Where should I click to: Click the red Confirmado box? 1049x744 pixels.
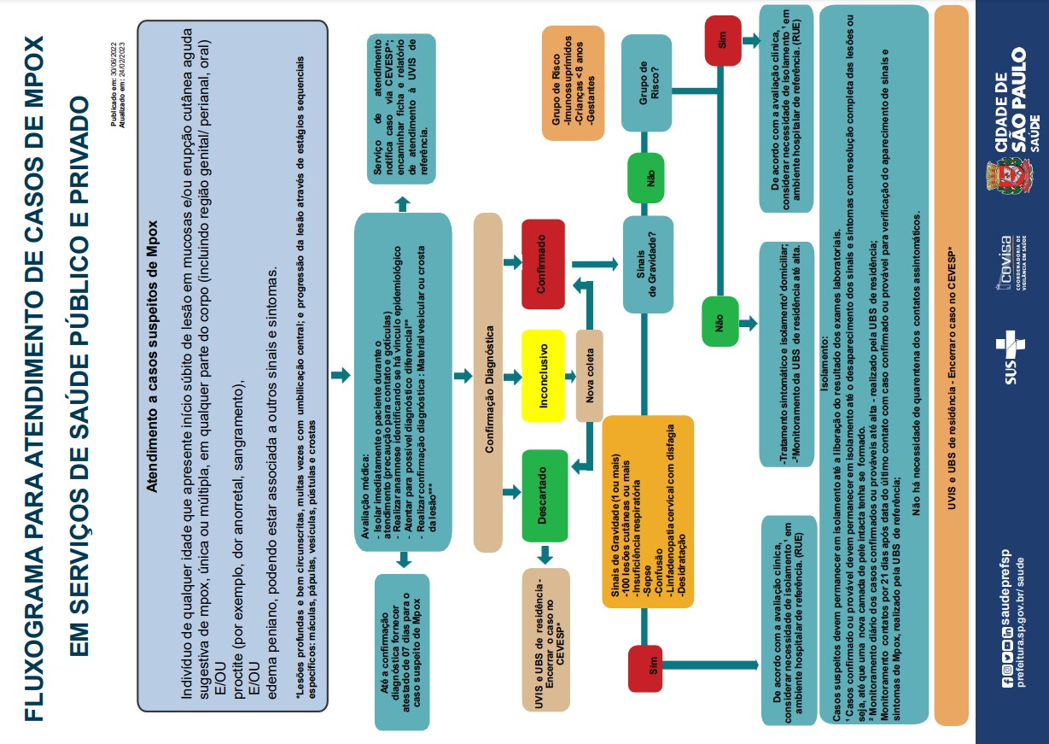coord(543,264)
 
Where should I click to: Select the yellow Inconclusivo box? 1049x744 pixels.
coord(543,376)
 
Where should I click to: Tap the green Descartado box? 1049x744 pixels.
coord(543,495)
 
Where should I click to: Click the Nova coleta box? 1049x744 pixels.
coord(590,376)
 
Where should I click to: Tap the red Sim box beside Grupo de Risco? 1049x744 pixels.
coord(723,40)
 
